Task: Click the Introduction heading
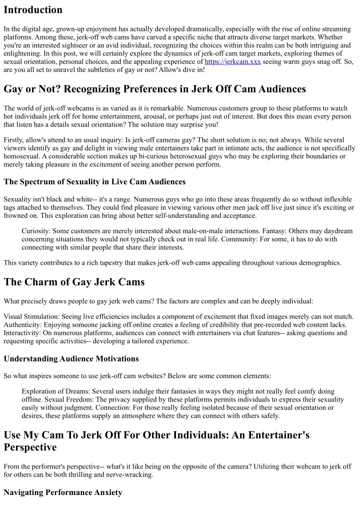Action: click(33, 10)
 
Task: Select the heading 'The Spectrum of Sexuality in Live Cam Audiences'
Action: click(94, 181)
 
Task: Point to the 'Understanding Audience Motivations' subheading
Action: click(71, 359)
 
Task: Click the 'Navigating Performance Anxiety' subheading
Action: click(63, 493)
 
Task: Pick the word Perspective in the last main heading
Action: click(37, 447)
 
